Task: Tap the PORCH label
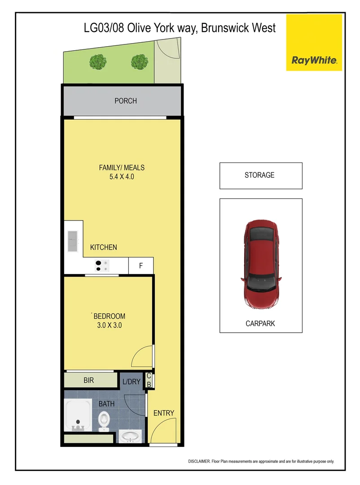click(126, 101)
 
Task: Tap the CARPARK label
click(260, 323)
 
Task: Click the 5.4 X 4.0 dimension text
click(122, 177)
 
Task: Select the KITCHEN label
click(104, 247)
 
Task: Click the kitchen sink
click(72, 242)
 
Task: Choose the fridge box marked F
click(141, 266)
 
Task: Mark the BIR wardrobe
click(89, 380)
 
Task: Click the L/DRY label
click(131, 382)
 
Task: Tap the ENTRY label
click(163, 413)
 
